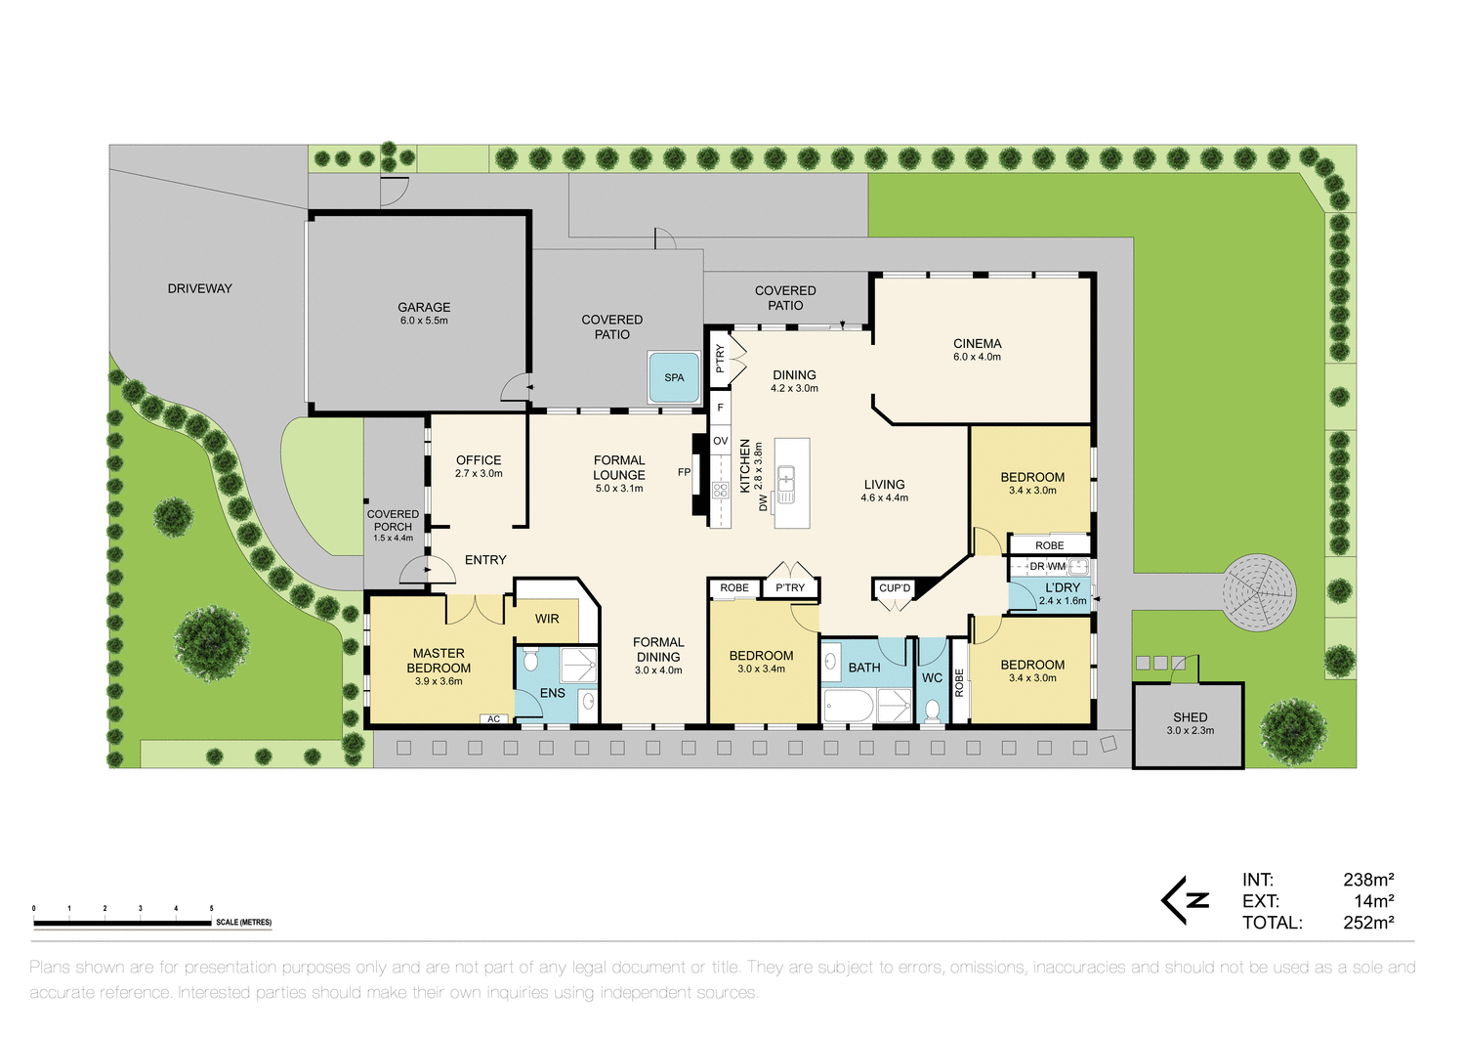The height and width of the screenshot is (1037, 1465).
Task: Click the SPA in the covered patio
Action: coord(674,377)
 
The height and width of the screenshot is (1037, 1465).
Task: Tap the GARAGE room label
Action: coord(424,308)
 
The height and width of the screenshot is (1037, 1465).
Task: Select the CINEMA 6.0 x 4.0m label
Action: coord(977,349)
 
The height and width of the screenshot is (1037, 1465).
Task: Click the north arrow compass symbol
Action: coord(1186,900)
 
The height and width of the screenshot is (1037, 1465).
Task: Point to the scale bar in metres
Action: coord(123,922)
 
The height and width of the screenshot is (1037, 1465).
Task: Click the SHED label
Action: coord(1190,717)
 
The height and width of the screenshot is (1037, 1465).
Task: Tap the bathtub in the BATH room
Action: coord(850,706)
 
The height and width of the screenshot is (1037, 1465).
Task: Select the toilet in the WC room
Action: coord(932,710)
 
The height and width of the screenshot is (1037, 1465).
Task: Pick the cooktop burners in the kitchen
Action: coord(721,490)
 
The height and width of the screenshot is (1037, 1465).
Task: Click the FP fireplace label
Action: coord(684,472)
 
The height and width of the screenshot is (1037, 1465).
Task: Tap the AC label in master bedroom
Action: coord(493,719)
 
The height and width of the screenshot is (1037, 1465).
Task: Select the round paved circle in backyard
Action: coord(1259,591)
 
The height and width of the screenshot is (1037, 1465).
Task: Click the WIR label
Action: coord(547,619)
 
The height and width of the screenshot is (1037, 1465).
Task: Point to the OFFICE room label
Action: coord(479,460)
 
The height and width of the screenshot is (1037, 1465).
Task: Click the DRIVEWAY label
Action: coord(199,288)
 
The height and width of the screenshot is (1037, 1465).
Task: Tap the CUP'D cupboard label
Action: coord(894,588)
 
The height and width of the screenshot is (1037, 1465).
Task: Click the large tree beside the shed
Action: coord(1293,731)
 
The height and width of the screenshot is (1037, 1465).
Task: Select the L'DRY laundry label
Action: coord(1063,588)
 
